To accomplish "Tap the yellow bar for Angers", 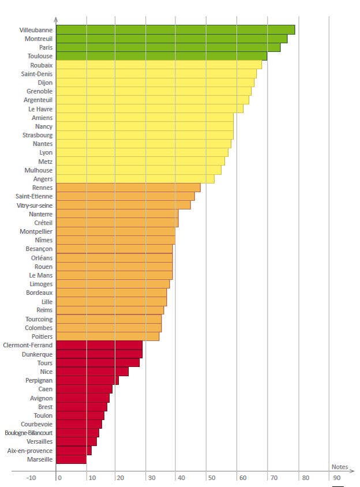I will point(135,179).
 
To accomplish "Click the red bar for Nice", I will point(92,372).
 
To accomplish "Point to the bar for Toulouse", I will point(161,56).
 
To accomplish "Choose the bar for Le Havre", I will point(149,108).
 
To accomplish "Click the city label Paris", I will point(46,47).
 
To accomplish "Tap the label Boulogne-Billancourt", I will point(28,433).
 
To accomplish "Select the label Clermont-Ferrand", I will point(28,345).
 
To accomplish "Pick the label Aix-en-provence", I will point(30,451).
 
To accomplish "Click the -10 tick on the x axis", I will point(31,478).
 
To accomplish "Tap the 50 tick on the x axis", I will point(211,478).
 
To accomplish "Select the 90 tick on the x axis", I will point(336,478).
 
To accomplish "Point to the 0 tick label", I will point(59,478).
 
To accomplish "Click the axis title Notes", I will point(339,467).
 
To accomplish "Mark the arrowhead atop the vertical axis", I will point(55,20).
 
